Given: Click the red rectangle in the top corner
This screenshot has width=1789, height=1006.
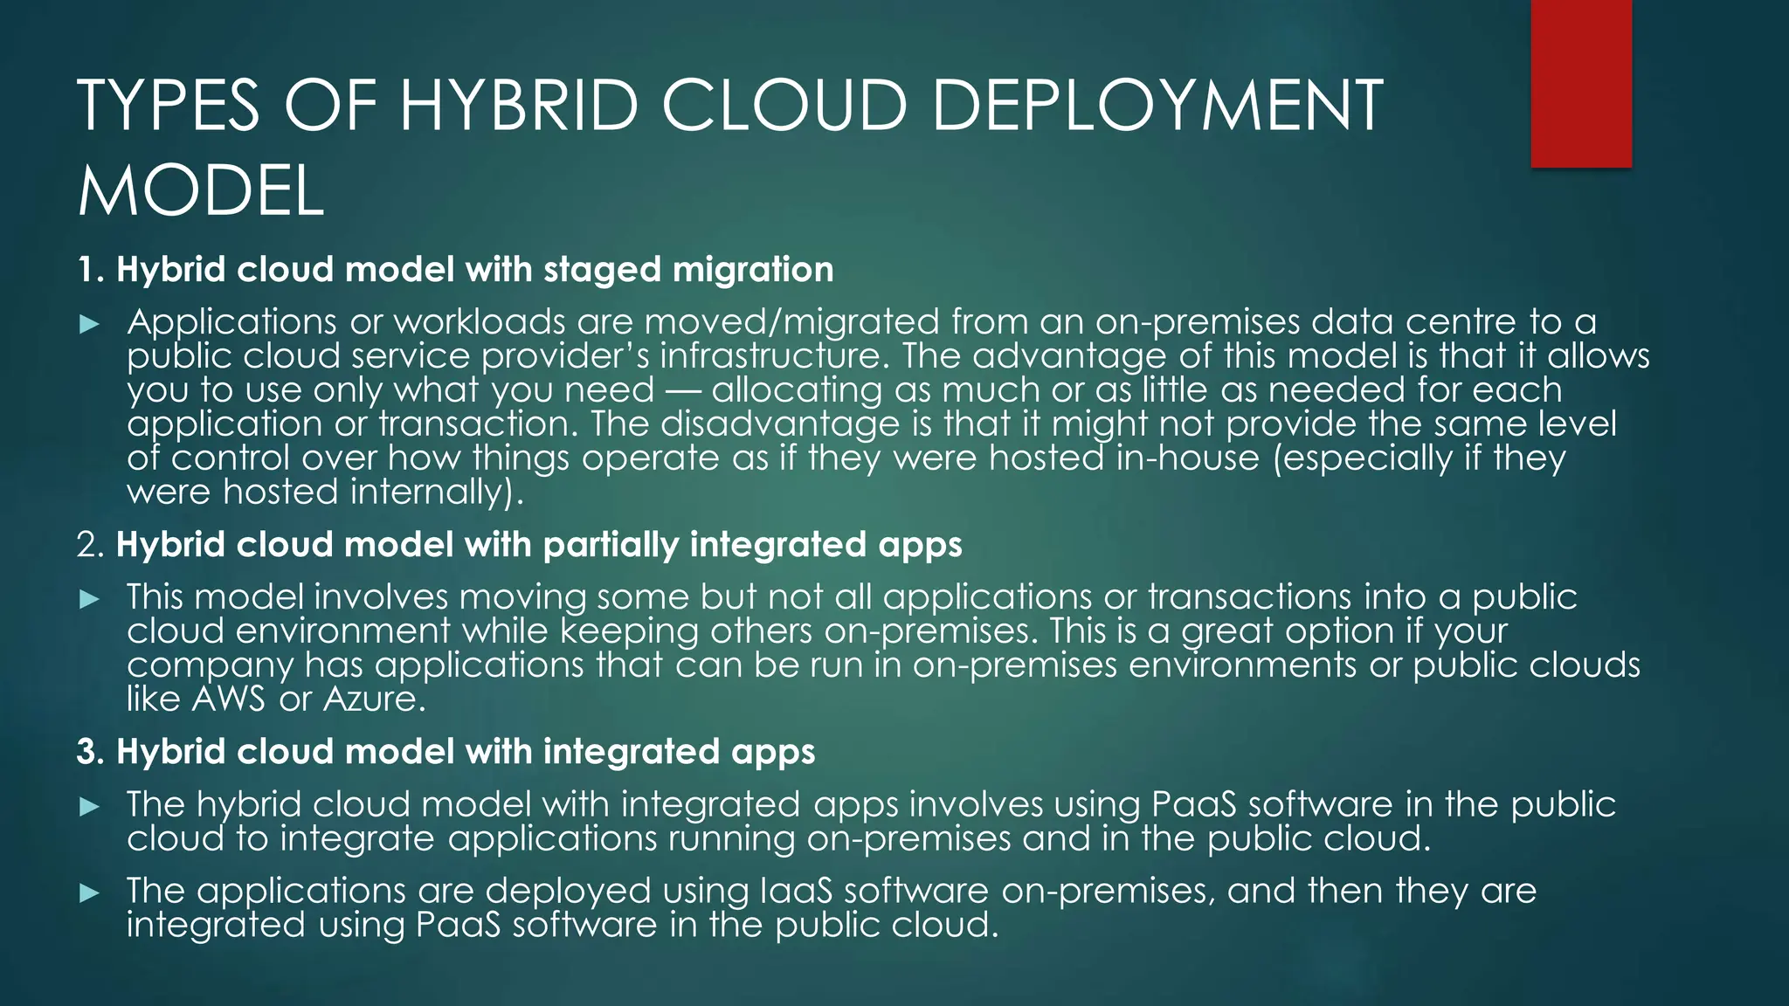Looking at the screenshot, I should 1581,83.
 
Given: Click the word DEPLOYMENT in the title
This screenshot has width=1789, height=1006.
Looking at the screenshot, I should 1157,106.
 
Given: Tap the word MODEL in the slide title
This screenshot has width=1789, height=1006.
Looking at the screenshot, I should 201,192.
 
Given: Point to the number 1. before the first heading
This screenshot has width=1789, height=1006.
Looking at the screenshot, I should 91,270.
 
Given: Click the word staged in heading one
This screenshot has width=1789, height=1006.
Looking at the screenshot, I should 602,271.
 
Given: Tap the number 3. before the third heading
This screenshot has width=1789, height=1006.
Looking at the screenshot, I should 91,752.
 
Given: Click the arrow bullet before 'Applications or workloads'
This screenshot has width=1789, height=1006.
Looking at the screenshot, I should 90,325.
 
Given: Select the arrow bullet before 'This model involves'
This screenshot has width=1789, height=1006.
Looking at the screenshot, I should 90,599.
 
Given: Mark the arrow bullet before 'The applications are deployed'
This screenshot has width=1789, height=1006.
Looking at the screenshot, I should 90,892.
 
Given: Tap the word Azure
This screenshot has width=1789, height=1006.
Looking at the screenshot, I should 375,699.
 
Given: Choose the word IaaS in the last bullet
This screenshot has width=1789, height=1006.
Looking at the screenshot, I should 795,891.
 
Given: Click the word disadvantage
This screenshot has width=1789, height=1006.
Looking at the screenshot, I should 779,424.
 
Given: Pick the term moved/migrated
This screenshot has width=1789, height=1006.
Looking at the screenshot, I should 791,323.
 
